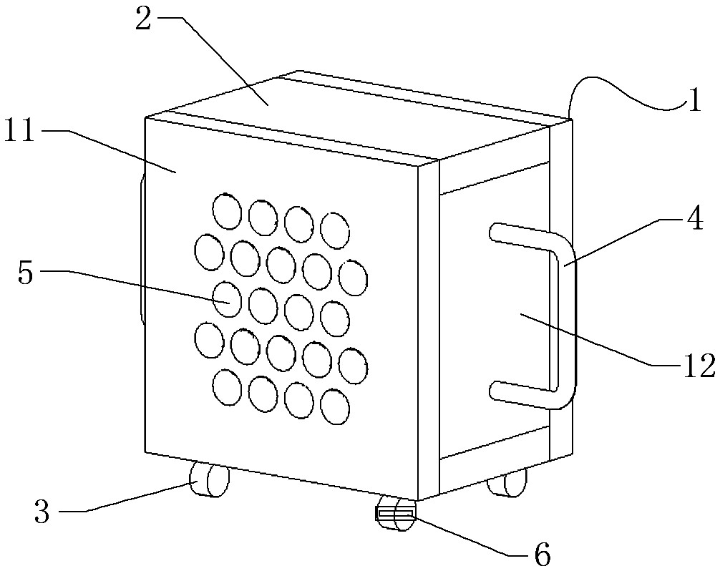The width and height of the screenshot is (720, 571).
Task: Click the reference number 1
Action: pyautogui.click(x=695, y=100)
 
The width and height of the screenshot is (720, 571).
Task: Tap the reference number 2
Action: pyautogui.click(x=143, y=20)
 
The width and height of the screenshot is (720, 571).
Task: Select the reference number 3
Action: pyautogui.click(x=42, y=512)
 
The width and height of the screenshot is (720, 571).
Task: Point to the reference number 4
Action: pyautogui.click(x=696, y=219)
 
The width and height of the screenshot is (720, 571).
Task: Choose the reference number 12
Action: pyautogui.click(x=699, y=366)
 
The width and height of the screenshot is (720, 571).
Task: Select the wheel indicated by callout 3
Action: pyautogui.click(x=210, y=481)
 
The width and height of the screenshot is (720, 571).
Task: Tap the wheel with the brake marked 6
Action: pyautogui.click(x=395, y=514)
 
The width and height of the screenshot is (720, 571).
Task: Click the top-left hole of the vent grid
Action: pyautogui.click(x=227, y=211)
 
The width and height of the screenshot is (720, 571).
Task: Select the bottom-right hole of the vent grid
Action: pyautogui.click(x=335, y=406)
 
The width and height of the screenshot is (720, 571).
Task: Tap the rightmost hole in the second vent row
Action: pyautogui.click(x=353, y=278)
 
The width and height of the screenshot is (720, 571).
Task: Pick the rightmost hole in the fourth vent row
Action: pyautogui.click(x=353, y=366)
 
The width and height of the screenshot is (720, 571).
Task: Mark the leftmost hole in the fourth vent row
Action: pyautogui.click(x=209, y=340)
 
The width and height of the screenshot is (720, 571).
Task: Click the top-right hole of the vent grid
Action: pyautogui.click(x=335, y=230)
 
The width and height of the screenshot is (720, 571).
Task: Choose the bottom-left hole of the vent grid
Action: pyautogui.click(x=227, y=387)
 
